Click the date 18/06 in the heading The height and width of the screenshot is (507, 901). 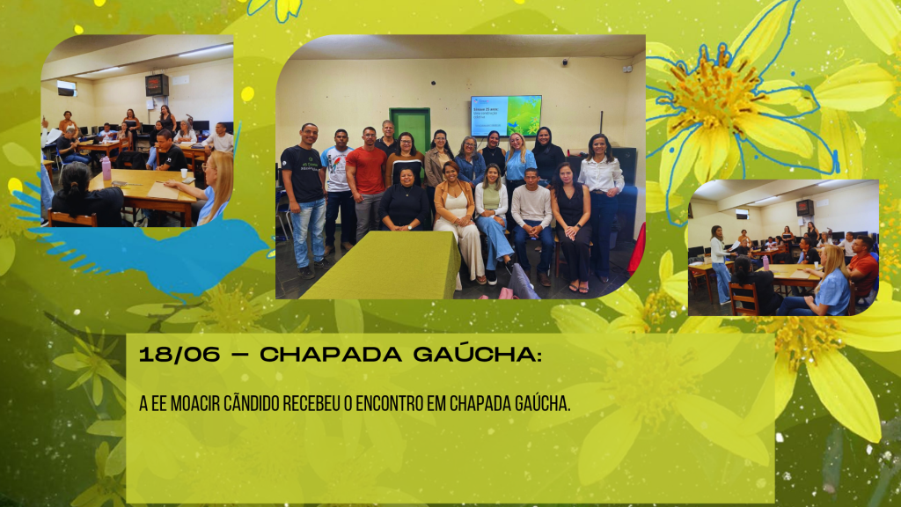coord(179,355)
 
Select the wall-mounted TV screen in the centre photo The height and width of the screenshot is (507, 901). coord(506,115)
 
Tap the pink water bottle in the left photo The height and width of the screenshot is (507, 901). coord(106,168)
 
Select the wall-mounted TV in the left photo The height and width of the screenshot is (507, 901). coord(157,85)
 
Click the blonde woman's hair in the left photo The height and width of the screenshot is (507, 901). coord(218,183)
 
